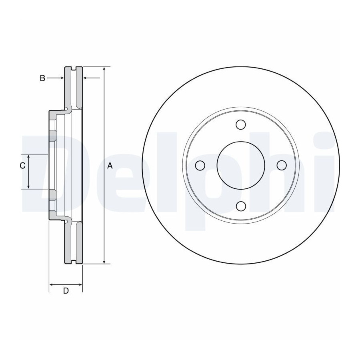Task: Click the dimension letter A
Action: tap(110, 166)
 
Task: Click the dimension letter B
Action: tap(42, 78)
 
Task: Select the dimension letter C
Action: tap(22, 166)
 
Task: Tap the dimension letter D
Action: tap(66, 291)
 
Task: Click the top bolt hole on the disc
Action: tap(241, 124)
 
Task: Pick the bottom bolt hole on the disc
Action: tap(241, 206)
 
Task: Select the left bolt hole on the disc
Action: tap(200, 165)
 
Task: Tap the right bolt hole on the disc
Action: tap(282, 165)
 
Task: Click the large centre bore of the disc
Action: tap(241, 165)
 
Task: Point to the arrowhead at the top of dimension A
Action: tap(104, 69)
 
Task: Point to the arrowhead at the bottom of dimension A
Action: tap(104, 262)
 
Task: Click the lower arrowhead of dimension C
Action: tap(28, 186)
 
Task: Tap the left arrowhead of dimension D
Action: tap(52, 285)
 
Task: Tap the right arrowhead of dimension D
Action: tap(80, 285)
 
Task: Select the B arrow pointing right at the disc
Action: tap(56, 78)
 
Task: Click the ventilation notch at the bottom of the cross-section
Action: tap(74, 262)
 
